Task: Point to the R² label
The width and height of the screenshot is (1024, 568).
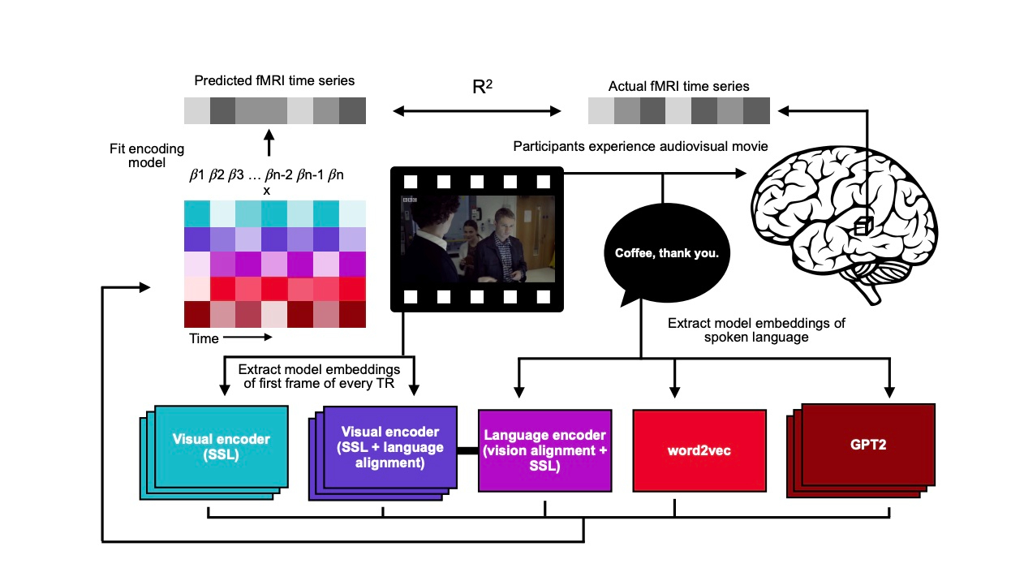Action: point(482,87)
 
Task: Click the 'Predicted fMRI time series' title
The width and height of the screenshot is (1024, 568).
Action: point(274,80)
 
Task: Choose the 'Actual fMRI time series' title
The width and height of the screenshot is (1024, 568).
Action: point(678,86)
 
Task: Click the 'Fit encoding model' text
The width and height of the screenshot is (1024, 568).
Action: point(147,155)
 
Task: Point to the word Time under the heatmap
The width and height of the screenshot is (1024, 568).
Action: point(204,338)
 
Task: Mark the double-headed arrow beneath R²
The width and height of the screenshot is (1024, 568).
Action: point(477,110)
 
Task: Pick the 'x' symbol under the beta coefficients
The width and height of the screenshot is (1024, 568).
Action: point(265,190)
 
